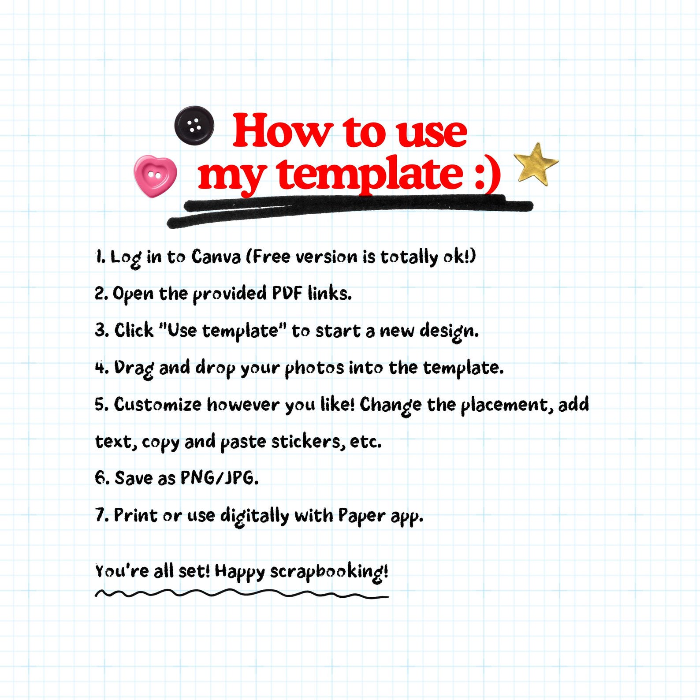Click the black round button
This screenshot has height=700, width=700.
(194, 125)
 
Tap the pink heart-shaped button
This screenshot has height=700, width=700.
(155, 176)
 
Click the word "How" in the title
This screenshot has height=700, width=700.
(282, 131)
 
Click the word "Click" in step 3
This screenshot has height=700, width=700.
(134, 330)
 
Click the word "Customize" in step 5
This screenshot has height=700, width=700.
(157, 404)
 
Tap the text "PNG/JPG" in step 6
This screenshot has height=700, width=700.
(220, 478)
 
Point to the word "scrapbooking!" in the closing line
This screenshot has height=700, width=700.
(329, 572)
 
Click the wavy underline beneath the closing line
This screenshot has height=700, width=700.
(242, 593)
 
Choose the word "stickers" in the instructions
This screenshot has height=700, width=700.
(308, 441)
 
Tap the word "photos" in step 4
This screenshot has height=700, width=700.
(314, 369)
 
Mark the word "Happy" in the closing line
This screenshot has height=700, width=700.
(240, 572)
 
